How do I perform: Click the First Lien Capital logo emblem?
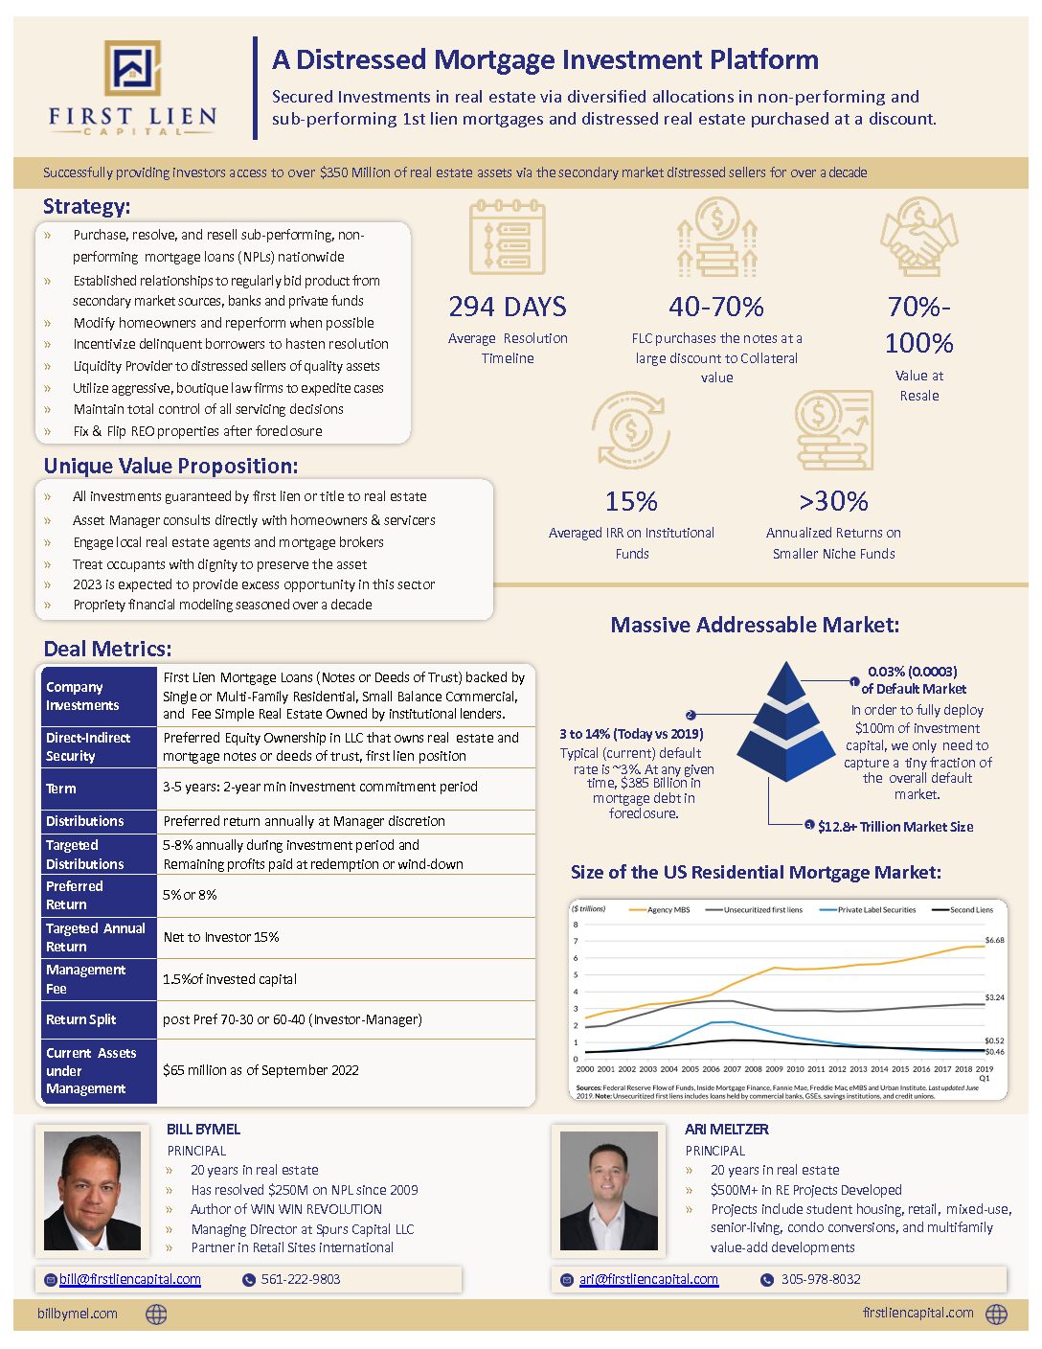tap(132, 68)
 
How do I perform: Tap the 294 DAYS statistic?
tap(508, 307)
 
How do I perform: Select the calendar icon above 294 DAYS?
tap(508, 237)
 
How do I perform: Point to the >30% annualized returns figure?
tap(833, 501)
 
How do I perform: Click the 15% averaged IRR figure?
tap(631, 501)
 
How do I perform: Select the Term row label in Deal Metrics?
tap(61, 789)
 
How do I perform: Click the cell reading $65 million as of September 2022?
tap(260, 1070)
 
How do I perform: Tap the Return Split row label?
tap(81, 1019)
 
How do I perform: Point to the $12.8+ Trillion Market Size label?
tap(895, 827)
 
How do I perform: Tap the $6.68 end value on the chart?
tap(994, 940)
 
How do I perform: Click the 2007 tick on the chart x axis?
tap(732, 1068)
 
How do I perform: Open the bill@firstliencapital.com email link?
tap(130, 1279)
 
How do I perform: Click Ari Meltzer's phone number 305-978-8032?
tap(821, 1279)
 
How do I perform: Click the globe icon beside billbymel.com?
tap(156, 1315)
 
